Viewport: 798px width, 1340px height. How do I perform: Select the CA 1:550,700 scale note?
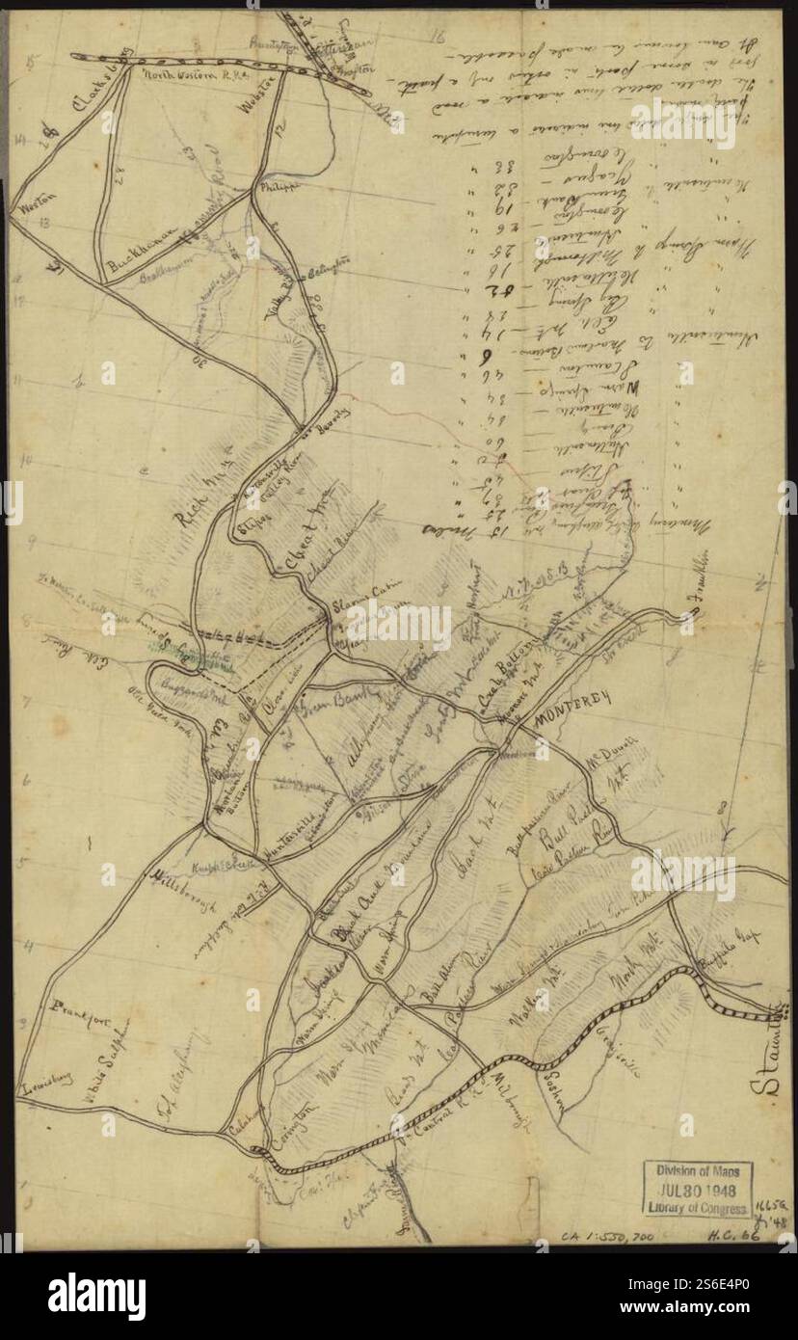[609, 1234]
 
